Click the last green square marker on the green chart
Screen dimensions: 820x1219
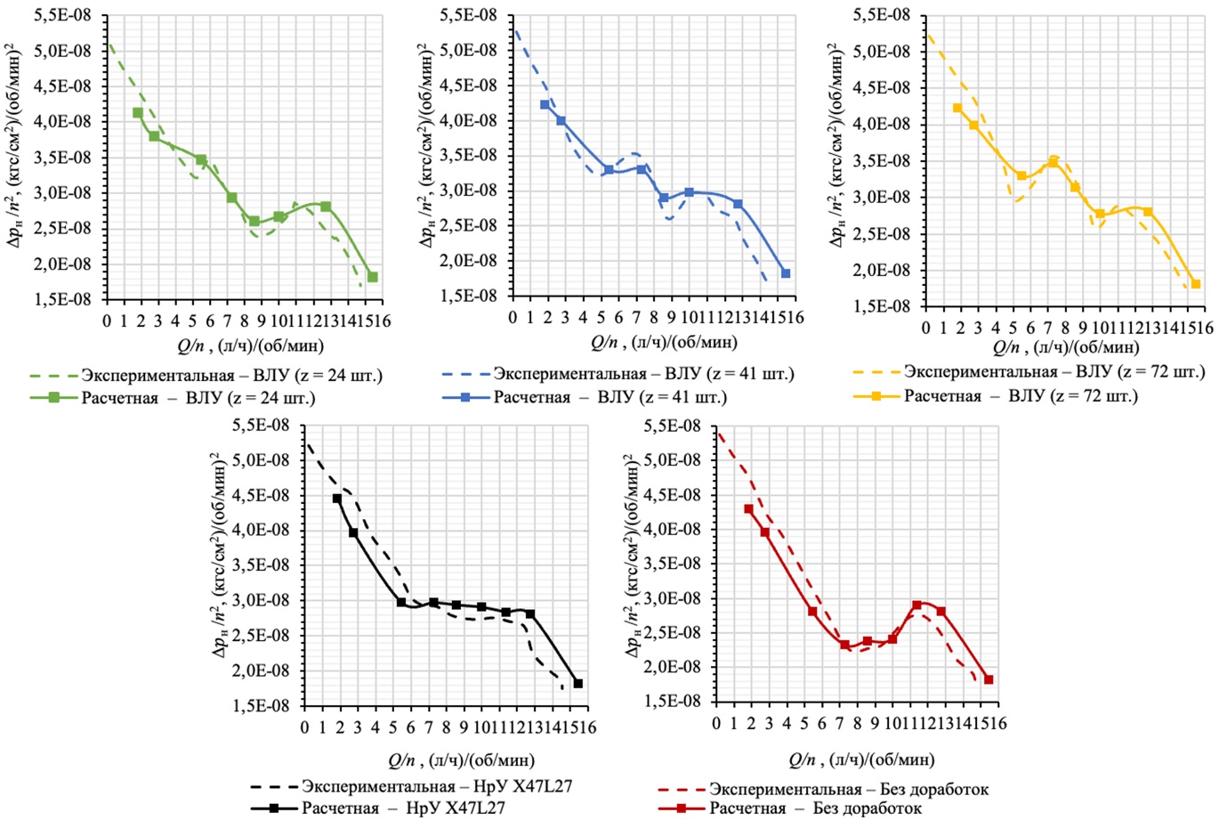(x=373, y=277)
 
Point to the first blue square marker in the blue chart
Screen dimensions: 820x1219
(x=545, y=105)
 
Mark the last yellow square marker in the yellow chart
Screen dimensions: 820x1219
(x=1196, y=284)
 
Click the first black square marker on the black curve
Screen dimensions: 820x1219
(x=337, y=499)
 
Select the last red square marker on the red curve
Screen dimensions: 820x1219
(x=988, y=679)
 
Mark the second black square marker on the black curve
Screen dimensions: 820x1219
(x=353, y=532)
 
